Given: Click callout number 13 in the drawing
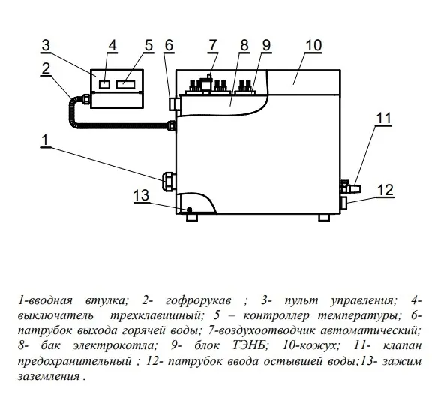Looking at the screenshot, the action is pos(141,195).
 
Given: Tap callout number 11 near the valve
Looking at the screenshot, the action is pos(383,119).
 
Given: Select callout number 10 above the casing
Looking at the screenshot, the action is pos(313,46).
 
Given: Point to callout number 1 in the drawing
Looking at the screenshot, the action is pos(45,140).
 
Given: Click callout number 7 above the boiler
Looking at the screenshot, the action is pos(213,46).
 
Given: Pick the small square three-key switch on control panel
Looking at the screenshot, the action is pos(104,84).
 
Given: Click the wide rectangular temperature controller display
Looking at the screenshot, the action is pos(127,84).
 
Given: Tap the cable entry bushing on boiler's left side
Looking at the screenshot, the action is pos(169,181).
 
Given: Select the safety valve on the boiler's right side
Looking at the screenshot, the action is pos(351,187).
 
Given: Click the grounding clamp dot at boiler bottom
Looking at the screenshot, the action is pos(189,210).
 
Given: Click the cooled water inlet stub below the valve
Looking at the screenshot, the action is pos(344,203).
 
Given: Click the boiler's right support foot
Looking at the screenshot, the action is pos(324,217).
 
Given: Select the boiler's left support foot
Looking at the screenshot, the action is pos(192,217).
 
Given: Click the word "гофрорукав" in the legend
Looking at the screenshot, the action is pos(199,301).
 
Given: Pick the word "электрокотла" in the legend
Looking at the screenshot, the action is pos(113,345).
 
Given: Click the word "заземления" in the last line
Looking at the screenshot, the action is pos(49,376).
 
